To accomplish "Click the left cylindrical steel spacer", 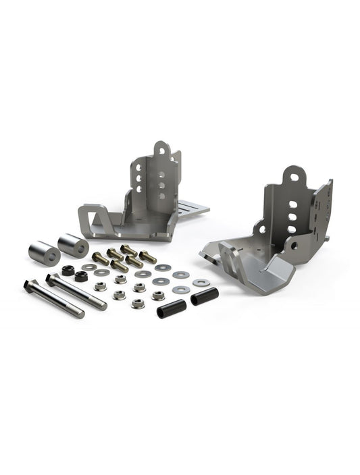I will point(43,253).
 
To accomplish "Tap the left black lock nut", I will point(68,271).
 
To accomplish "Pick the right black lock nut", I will point(81,276).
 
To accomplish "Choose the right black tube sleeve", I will point(204,296).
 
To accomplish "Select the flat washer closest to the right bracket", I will point(200,283).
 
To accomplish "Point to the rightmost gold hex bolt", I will point(148,257).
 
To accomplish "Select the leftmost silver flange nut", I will point(101,286).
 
